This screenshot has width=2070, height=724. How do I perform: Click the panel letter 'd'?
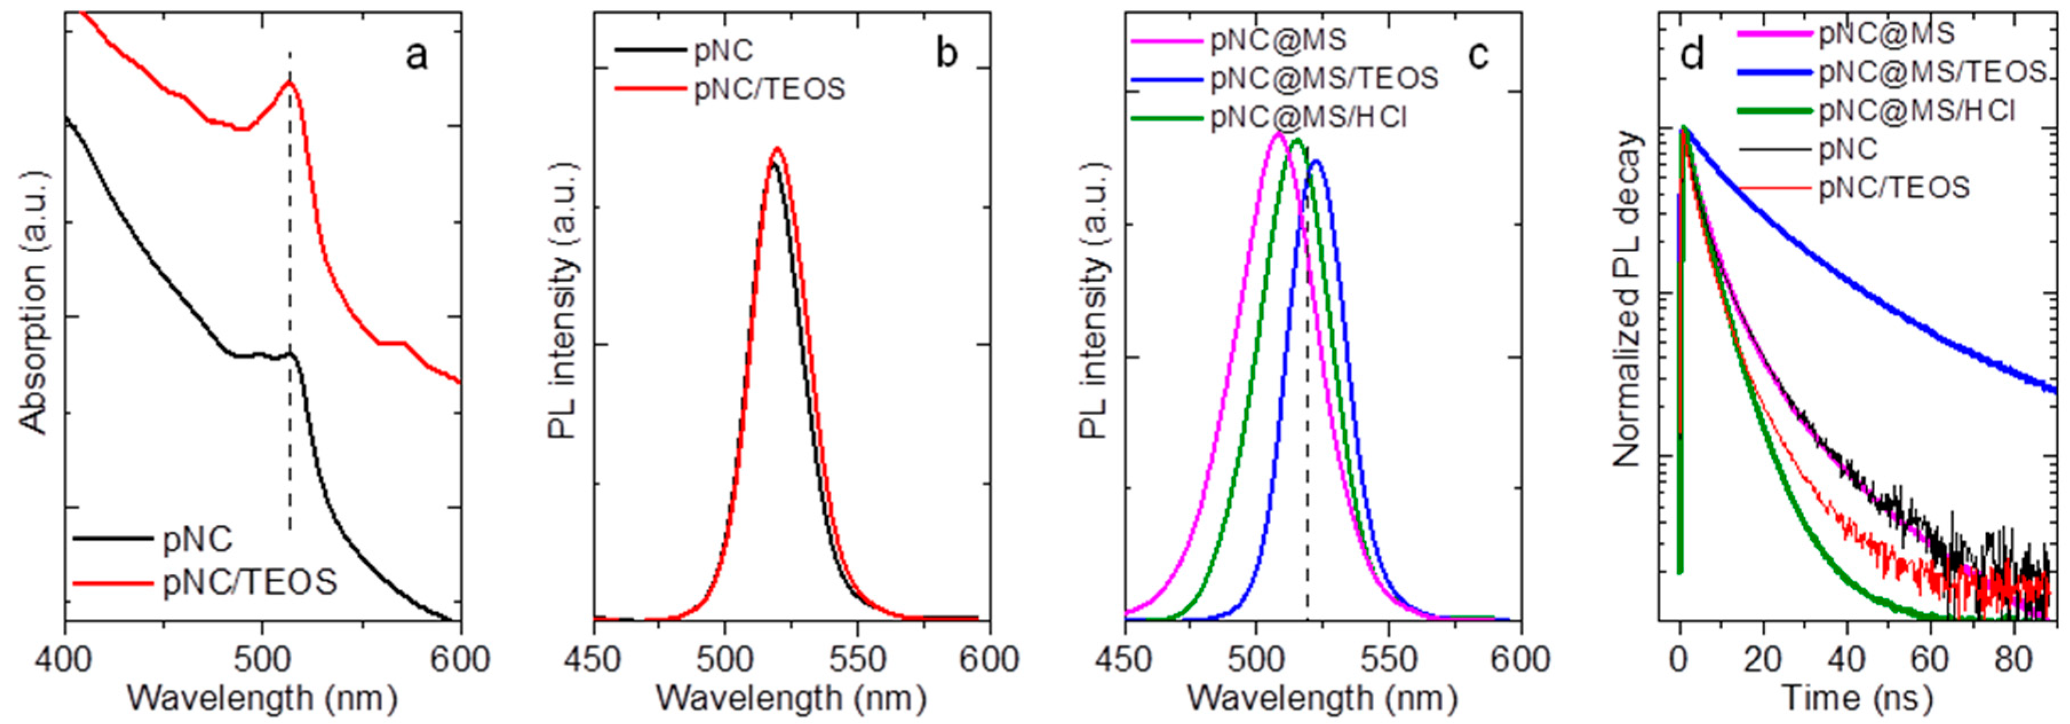[1693, 55]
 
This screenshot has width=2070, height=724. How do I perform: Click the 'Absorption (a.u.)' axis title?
[34, 313]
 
